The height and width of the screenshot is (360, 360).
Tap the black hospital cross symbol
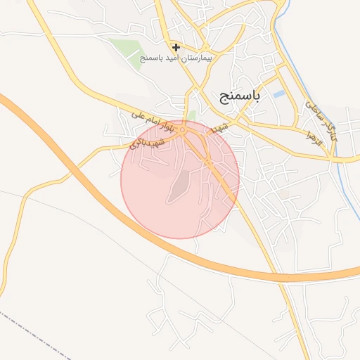point(176,48)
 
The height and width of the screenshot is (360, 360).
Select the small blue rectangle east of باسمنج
point(280,94)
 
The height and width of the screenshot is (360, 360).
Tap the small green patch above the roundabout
point(191,115)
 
